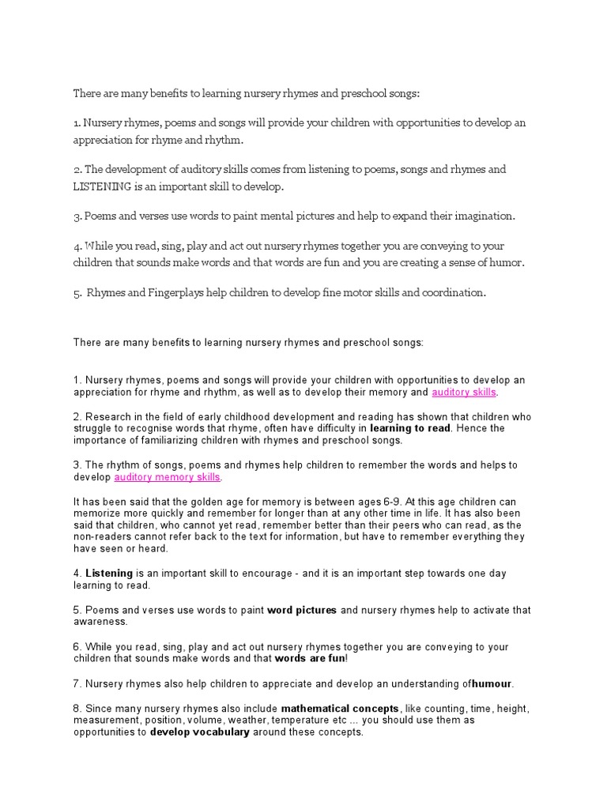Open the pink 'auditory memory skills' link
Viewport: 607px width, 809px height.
click(168, 477)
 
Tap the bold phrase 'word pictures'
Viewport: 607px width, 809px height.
click(302, 610)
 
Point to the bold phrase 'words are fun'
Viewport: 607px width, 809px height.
click(309, 658)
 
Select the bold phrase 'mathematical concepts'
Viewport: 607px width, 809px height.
click(340, 709)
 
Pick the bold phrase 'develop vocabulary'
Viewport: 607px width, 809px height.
click(200, 732)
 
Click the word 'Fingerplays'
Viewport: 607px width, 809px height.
click(176, 292)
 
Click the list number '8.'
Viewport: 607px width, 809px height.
click(77, 709)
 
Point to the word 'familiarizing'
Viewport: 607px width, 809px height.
click(170, 440)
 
